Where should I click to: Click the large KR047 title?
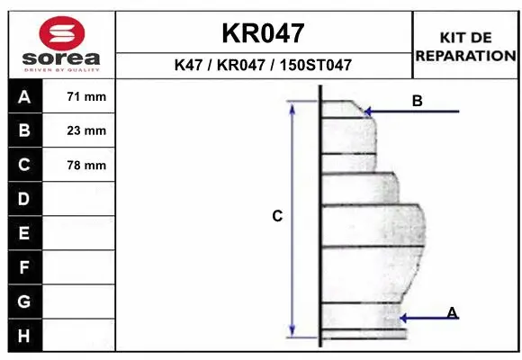(x=263, y=33)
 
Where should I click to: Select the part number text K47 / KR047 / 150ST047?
(x=263, y=66)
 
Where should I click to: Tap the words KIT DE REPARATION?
(x=465, y=46)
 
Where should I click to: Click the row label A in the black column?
(x=23, y=96)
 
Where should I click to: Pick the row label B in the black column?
(x=23, y=130)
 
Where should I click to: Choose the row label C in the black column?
(x=23, y=165)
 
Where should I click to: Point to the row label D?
(x=23, y=199)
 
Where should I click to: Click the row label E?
(x=23, y=233)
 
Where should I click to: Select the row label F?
(x=23, y=267)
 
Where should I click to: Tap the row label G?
(x=23, y=301)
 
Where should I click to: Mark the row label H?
(x=23, y=335)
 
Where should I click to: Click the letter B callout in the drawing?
(x=417, y=101)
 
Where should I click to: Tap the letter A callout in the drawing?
(x=452, y=312)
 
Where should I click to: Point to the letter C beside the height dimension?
(x=277, y=216)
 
